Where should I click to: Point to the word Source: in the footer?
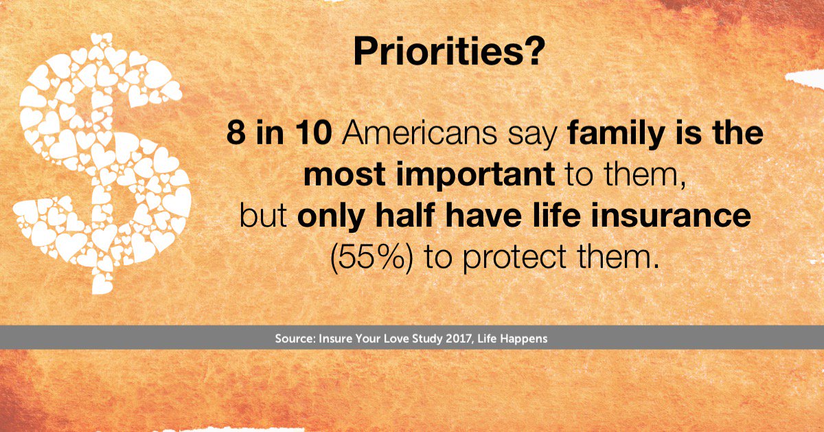pos(295,339)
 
